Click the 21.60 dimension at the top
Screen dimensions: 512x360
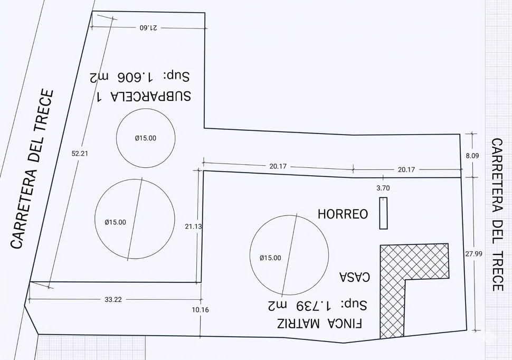point(148,28)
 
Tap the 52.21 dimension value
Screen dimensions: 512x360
point(80,153)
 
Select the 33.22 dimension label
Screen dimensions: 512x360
point(113,300)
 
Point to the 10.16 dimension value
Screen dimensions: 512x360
point(200,310)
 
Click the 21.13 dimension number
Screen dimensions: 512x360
point(193,226)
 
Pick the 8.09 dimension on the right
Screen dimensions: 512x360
point(472,156)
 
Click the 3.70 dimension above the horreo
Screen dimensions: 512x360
point(383,188)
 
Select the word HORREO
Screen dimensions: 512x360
point(343,214)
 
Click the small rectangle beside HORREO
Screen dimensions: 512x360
point(383,213)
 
